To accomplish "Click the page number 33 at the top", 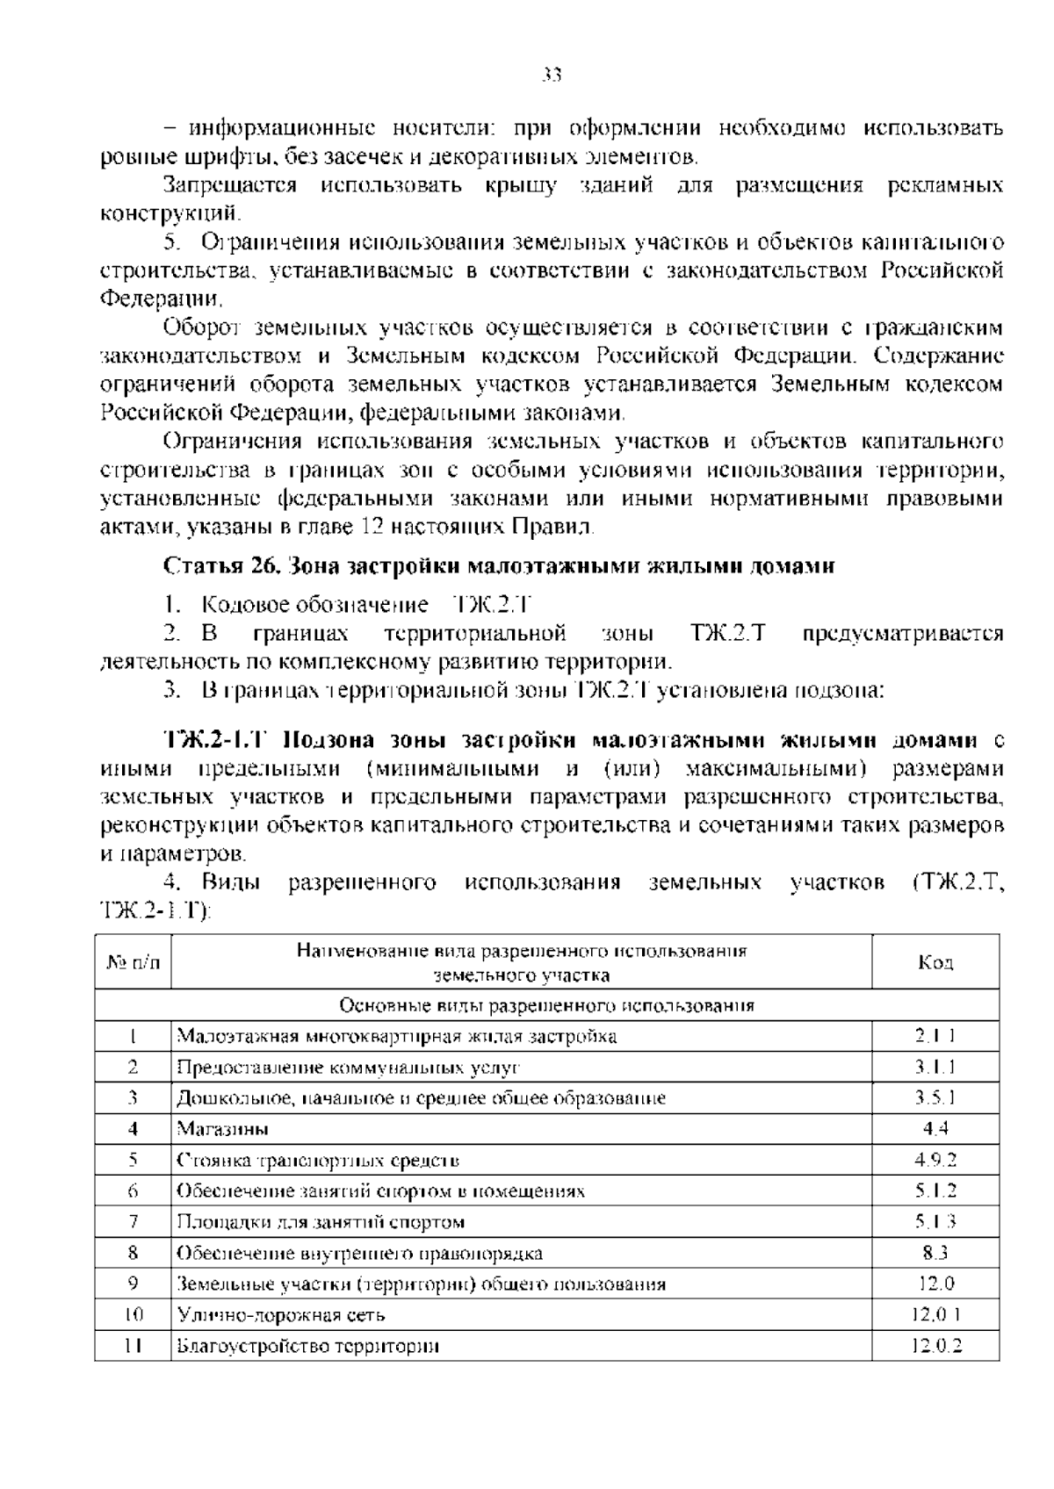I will click(552, 76).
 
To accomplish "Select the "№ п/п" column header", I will click(134, 963).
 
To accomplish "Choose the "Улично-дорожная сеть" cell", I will click(281, 1315).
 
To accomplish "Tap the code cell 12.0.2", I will click(935, 1346).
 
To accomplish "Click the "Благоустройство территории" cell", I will click(307, 1346).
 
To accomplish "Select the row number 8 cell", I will click(134, 1253).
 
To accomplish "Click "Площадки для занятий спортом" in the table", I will click(321, 1222).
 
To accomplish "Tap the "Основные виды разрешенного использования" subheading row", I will click(546, 1005).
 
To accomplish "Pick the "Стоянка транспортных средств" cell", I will click(318, 1160).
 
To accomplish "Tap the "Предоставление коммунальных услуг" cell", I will click(349, 1068).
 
